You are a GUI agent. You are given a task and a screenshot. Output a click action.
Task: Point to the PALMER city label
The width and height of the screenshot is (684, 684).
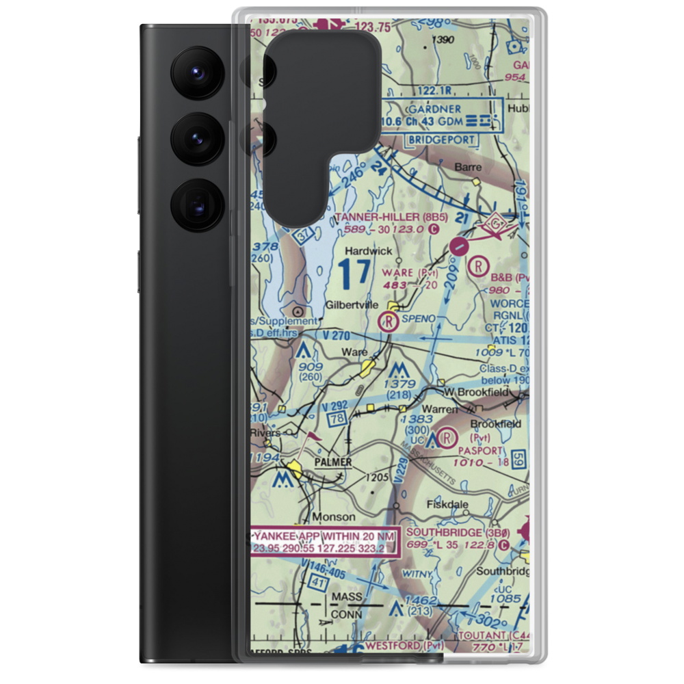tap(333, 462)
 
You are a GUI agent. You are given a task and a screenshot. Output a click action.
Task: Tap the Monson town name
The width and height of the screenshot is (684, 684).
tap(334, 516)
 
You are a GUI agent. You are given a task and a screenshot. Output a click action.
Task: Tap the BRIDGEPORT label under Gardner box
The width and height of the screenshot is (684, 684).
tap(442, 140)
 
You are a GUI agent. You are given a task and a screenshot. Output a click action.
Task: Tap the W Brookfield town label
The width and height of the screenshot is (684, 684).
tap(477, 392)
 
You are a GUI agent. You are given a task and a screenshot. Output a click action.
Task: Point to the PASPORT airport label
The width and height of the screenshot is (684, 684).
tap(482, 451)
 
